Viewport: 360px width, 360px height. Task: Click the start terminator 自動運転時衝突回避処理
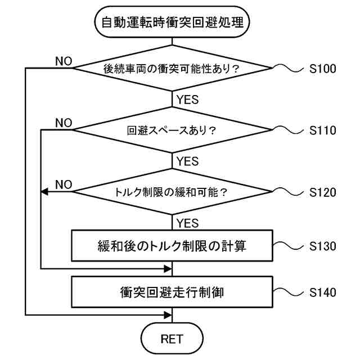click(172, 22)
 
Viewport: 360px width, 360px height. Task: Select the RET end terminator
click(172, 339)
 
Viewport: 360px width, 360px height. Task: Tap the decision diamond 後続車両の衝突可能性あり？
click(172, 68)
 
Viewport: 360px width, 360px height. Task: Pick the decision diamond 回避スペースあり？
click(172, 130)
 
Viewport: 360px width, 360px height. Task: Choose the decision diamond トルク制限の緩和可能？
click(172, 192)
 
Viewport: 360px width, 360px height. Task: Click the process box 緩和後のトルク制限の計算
click(172, 245)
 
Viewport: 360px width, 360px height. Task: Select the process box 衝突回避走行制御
click(172, 292)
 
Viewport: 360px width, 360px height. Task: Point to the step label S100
click(322, 69)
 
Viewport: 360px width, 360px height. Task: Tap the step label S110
click(322, 130)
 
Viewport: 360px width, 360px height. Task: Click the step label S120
click(322, 192)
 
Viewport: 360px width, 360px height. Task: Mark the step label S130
click(322, 246)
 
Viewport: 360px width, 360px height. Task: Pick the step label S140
click(322, 292)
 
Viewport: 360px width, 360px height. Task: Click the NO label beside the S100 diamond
click(64, 61)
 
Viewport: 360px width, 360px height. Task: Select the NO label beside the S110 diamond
click(64, 123)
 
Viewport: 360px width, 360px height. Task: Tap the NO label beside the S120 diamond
click(64, 184)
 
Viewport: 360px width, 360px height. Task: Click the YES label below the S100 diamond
click(187, 100)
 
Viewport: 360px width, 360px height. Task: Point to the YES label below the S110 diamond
click(187, 161)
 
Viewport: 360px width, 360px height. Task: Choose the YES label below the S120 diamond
click(187, 223)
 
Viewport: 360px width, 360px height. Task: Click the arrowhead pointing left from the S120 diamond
click(44, 192)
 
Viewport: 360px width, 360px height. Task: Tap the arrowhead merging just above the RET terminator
click(168, 315)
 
